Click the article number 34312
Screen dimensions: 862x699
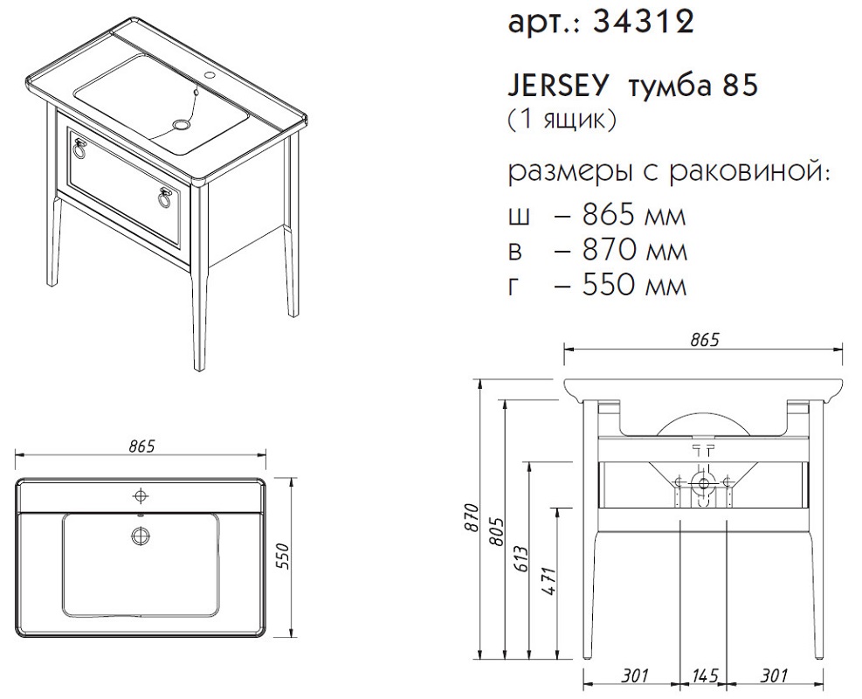[x=644, y=23]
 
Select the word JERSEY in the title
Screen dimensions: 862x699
[x=559, y=86]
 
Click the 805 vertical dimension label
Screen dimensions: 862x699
[x=497, y=532]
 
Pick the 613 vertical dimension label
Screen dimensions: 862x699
[x=521, y=560]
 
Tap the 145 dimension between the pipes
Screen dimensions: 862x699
[x=704, y=675]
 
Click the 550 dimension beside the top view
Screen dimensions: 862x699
[x=282, y=557]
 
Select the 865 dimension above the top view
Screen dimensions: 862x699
[x=141, y=446]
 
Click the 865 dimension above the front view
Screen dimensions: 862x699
[x=705, y=340]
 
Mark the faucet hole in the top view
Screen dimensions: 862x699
[x=141, y=496]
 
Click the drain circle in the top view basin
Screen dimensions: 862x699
[x=141, y=535]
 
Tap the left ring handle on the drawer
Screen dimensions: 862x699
[x=79, y=149]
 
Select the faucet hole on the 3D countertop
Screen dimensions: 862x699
[x=210, y=73]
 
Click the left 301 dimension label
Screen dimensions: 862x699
[x=635, y=675]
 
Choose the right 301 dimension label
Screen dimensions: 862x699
[x=774, y=675]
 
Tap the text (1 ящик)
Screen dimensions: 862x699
[x=562, y=120]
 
